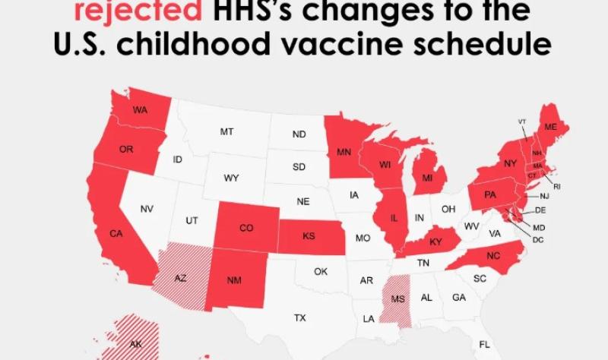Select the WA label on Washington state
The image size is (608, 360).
[140, 110]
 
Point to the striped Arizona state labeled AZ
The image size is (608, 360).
[181, 278]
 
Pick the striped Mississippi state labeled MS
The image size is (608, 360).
[397, 298]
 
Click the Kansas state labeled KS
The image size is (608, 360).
[309, 236]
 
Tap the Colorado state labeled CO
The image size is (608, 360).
[246, 227]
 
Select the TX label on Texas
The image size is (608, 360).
[300, 317]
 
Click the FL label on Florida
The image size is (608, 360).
[485, 344]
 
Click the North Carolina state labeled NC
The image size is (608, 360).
[493, 256]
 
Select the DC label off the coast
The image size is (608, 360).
[537, 239]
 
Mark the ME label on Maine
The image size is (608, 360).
[550, 127]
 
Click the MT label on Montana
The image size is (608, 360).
[226, 131]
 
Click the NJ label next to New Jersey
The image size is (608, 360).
[544, 196]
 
